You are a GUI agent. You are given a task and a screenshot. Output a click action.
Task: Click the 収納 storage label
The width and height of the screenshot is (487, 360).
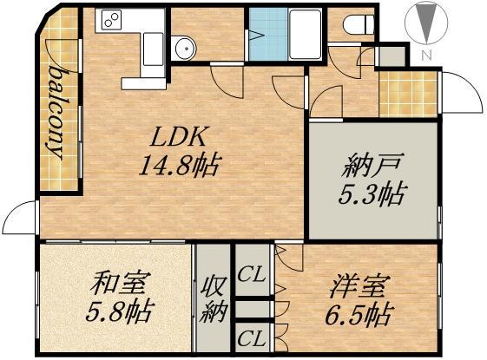212,299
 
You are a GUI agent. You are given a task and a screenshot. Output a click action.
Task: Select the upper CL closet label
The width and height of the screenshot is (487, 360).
252,275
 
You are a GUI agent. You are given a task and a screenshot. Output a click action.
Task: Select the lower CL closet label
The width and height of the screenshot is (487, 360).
252,338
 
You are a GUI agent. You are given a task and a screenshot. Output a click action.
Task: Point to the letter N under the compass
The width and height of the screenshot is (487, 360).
424,56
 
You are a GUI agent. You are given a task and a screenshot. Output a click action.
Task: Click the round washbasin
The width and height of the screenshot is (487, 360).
183,49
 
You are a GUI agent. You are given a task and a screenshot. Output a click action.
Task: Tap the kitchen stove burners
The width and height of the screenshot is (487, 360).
112,19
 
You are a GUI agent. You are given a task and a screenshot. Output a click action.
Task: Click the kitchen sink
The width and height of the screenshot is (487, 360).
150,43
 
